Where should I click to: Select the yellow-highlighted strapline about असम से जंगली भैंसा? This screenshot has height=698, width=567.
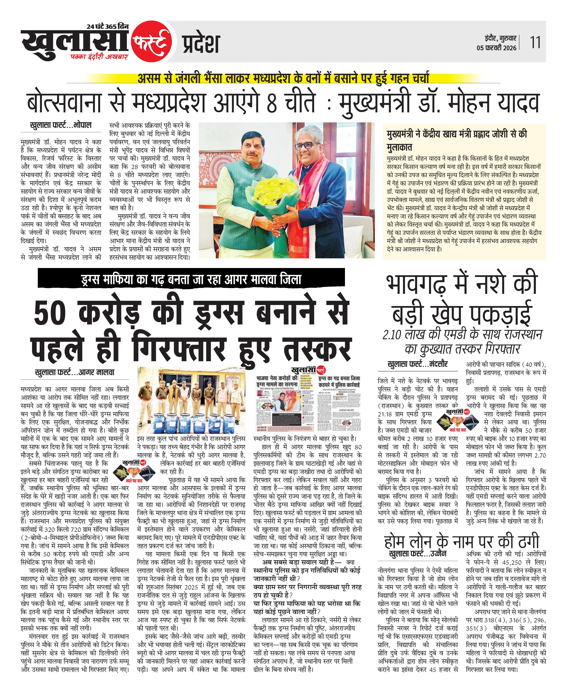pos(283,78)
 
